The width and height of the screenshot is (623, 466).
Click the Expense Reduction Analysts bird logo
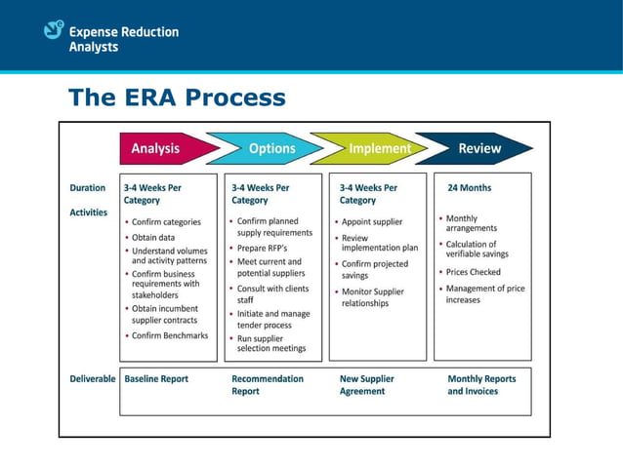(x=55, y=30)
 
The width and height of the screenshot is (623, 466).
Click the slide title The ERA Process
(x=177, y=97)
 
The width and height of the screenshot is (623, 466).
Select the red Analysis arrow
(x=161, y=148)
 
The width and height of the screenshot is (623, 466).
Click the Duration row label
(x=88, y=188)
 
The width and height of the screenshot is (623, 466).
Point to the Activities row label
(x=89, y=212)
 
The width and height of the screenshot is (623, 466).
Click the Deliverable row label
(x=93, y=378)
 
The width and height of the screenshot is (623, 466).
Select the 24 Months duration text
(x=470, y=188)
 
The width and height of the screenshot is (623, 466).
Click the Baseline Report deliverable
(x=156, y=378)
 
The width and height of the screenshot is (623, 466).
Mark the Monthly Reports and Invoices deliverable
(x=481, y=384)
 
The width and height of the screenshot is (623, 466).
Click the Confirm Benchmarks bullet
(x=170, y=335)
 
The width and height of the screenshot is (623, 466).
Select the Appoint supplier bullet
(x=372, y=221)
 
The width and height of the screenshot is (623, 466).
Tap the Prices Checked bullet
(x=474, y=272)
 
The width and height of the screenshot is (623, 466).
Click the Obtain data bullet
(x=154, y=237)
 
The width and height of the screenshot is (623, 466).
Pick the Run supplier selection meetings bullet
(x=270, y=342)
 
